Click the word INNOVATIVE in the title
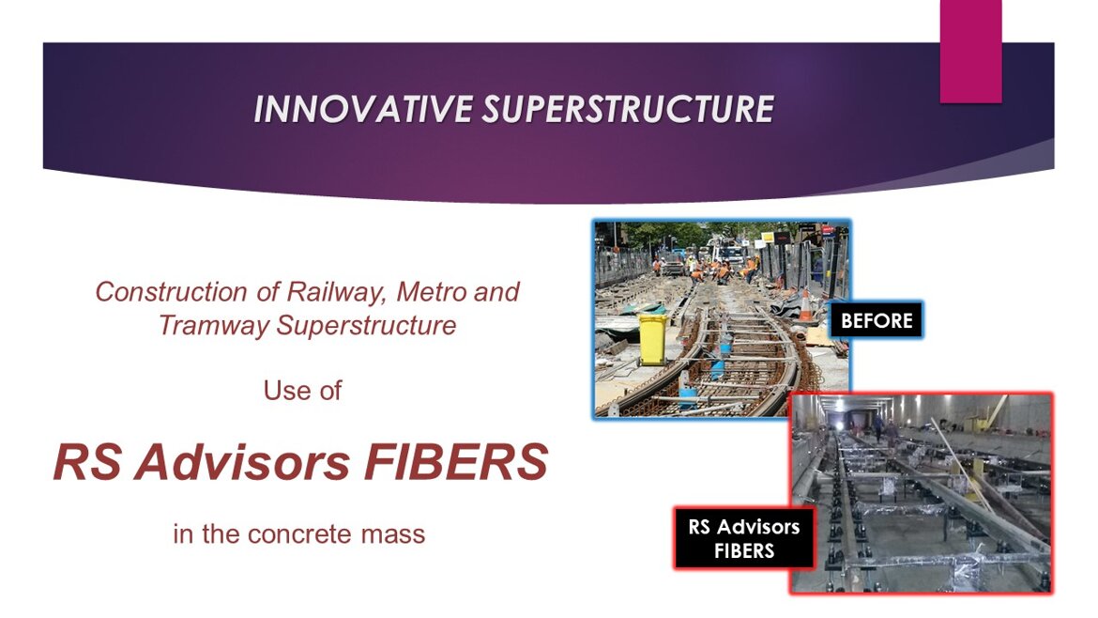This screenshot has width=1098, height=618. tap(363, 109)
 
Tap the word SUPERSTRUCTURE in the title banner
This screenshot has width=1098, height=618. tap(629, 109)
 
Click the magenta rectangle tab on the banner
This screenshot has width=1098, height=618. tap(970, 51)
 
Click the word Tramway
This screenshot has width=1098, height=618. tap(214, 326)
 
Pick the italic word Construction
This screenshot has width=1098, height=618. tap(171, 291)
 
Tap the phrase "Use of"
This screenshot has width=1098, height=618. tap(302, 391)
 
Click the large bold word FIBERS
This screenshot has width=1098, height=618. tap(456, 462)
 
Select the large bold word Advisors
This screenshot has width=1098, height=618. tap(241, 462)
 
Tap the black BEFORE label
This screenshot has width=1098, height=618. tap(877, 320)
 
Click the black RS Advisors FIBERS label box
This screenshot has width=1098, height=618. tap(744, 538)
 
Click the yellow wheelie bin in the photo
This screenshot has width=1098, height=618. tap(652, 340)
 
